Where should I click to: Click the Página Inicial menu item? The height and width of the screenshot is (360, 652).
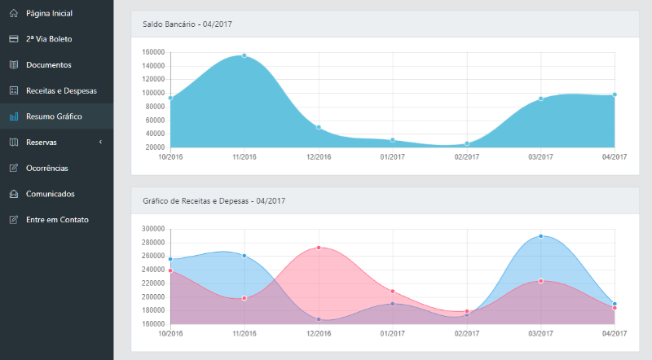coord(49,13)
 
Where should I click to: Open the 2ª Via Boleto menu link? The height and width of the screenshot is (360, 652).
coord(50,39)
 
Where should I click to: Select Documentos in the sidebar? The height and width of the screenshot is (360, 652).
coord(48,64)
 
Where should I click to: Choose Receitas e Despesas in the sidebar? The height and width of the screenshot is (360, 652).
coord(61,90)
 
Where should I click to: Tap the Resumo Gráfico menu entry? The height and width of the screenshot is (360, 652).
coord(54,116)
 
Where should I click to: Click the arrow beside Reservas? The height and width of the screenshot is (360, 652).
coord(100,143)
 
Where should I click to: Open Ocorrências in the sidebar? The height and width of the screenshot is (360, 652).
coord(53,168)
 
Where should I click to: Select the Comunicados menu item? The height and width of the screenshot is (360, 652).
coord(51,194)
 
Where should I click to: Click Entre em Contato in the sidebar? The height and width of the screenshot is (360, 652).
coord(57,220)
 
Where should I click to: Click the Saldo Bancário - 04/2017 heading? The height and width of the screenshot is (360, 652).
coord(187,24)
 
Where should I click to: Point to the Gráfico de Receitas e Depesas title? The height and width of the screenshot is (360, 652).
coord(214,200)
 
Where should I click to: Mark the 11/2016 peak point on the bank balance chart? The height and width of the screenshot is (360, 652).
coord(244,55)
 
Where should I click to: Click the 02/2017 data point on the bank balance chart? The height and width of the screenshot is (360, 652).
coord(467,143)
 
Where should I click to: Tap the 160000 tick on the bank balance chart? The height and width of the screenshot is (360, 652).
coord(154,52)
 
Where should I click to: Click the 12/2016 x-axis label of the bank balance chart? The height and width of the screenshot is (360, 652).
coord(319,156)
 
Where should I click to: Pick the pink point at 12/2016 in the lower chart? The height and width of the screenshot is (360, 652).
coord(319,248)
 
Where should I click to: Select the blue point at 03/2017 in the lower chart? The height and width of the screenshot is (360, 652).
coord(540,236)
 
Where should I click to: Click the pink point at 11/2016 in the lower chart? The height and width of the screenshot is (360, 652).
coord(244,298)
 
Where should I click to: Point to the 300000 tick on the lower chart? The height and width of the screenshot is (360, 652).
coord(153,229)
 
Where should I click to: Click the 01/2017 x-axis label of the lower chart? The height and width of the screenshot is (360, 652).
coord(393,333)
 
